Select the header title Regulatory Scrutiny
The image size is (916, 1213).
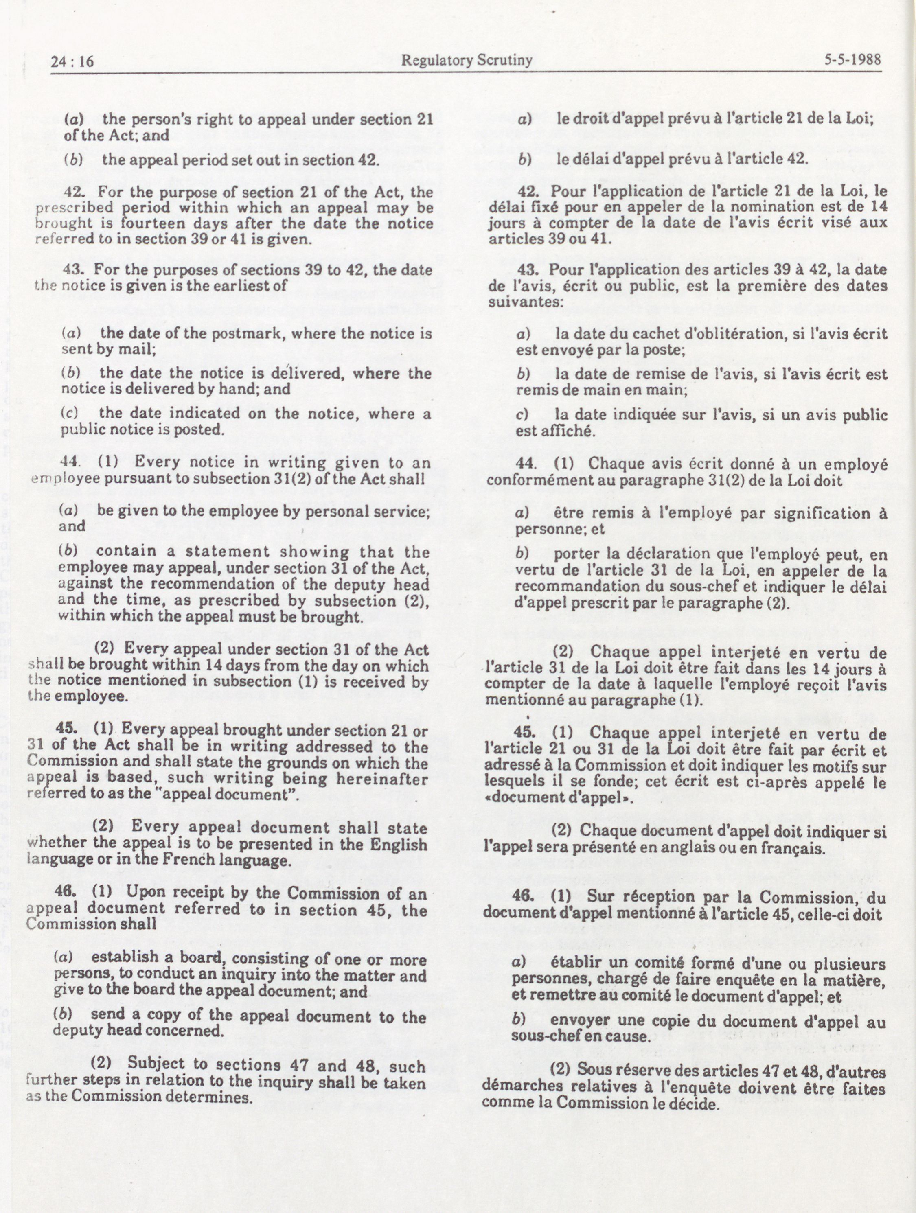(x=467, y=60)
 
